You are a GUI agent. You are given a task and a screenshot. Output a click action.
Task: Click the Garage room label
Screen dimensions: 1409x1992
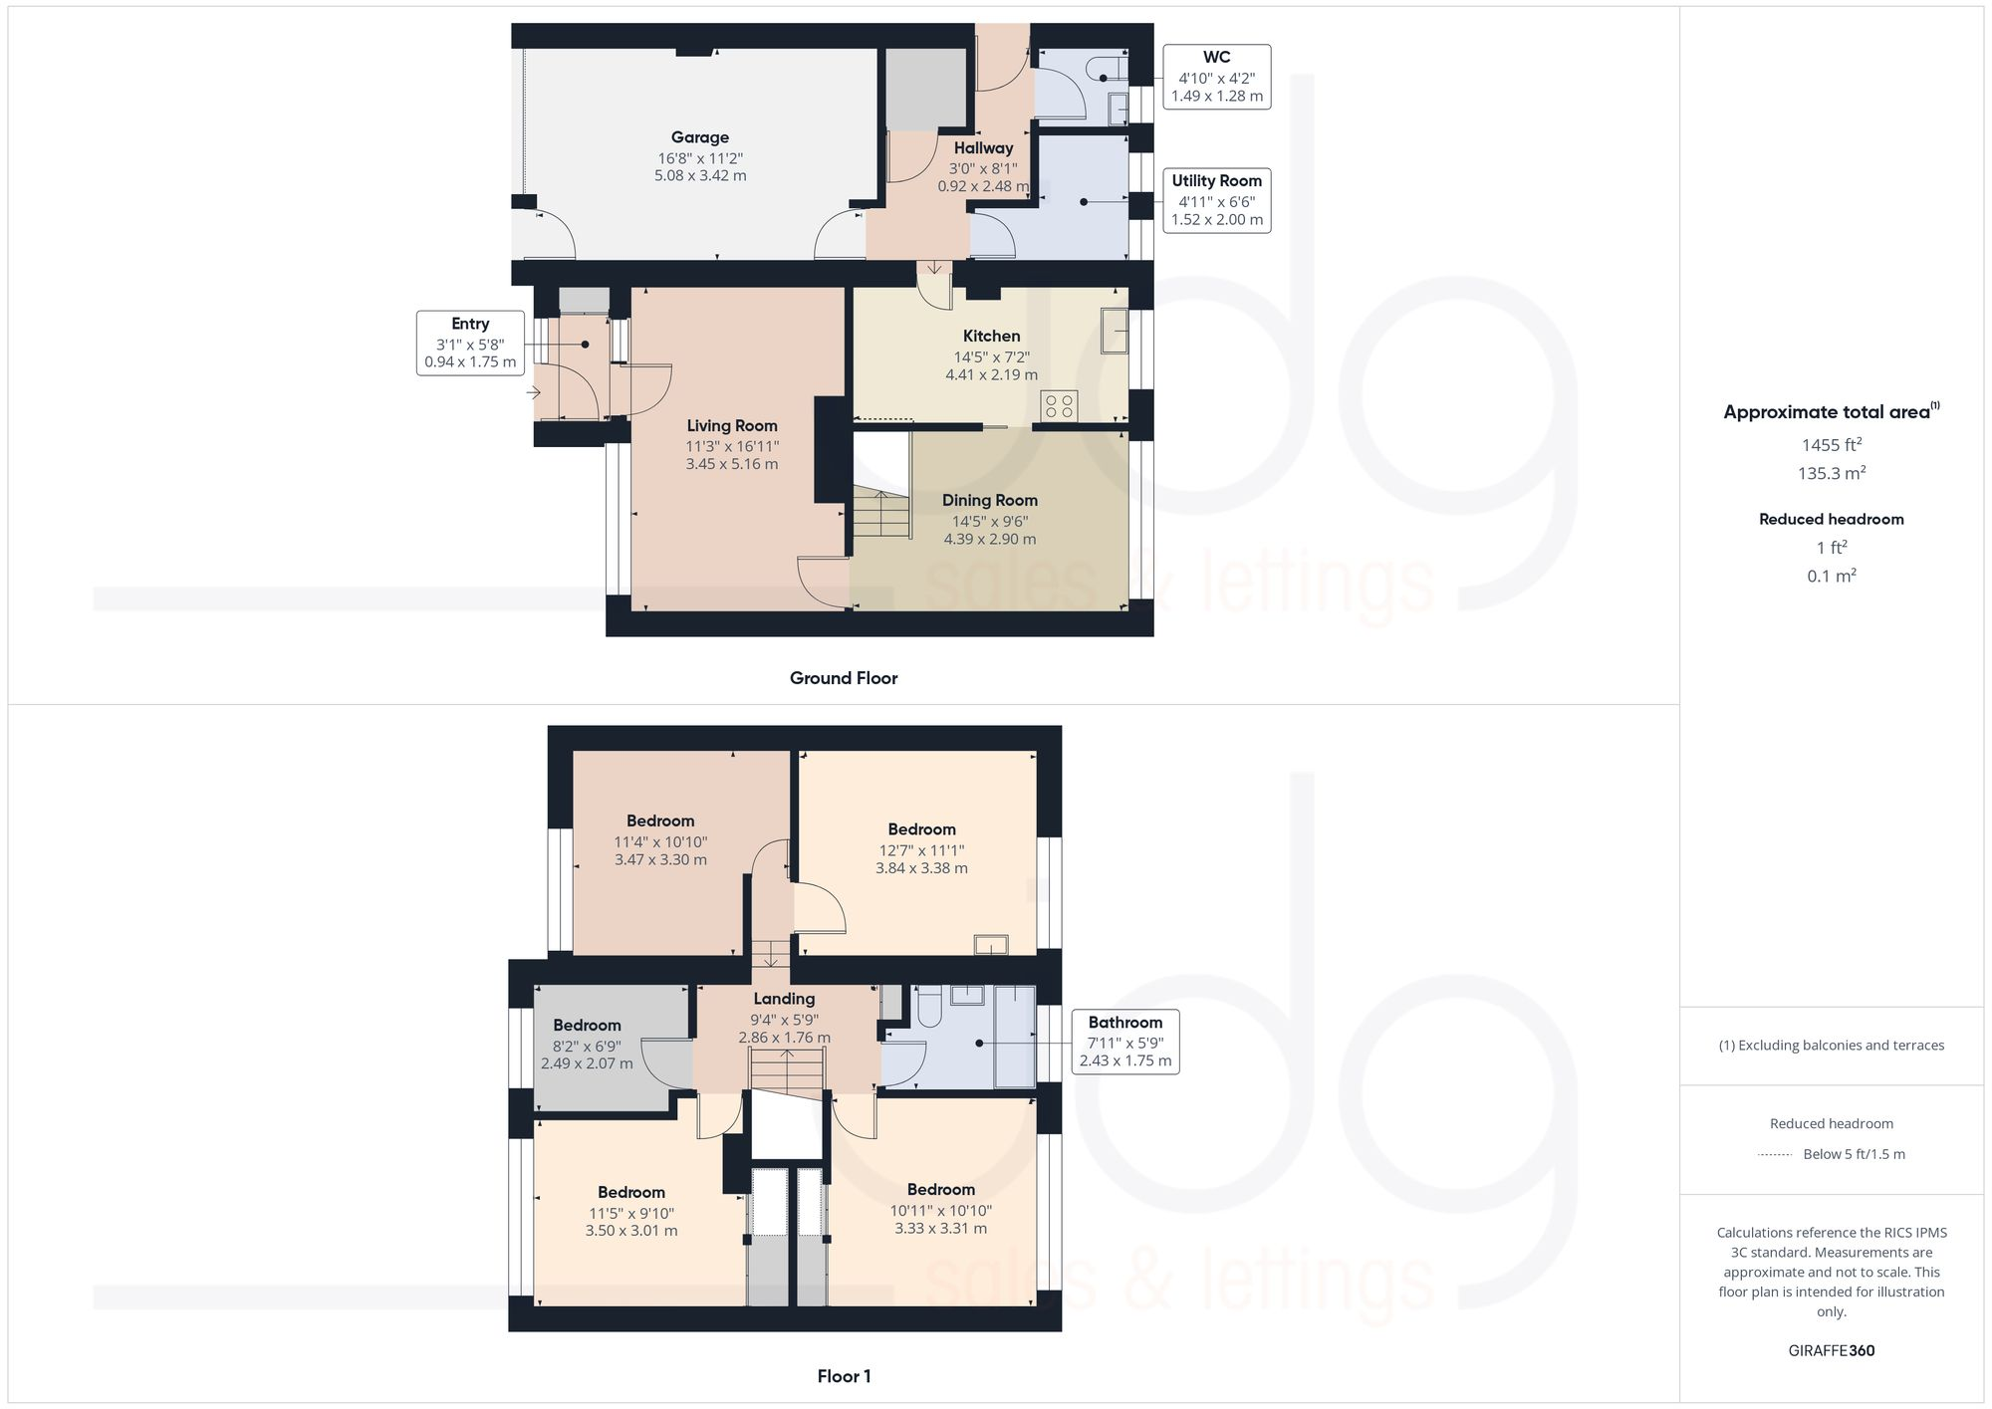pos(699,137)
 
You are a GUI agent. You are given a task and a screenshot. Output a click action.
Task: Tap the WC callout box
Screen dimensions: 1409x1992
pos(1216,77)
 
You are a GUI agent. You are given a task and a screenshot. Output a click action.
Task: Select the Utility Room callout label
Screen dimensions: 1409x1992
pos(1216,181)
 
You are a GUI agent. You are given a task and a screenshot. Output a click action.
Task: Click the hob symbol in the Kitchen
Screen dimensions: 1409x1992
pos(1059,405)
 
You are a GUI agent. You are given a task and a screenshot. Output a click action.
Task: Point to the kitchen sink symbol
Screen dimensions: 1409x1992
pos(1115,331)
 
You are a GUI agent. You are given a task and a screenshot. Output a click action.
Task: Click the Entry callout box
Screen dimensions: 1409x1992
pos(470,343)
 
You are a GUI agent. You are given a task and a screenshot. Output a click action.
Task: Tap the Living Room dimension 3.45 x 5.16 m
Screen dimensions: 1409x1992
pos(732,464)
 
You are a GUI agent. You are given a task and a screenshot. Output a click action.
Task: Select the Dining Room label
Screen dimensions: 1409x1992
pos(990,500)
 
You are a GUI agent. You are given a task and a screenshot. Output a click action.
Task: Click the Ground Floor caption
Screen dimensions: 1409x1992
pos(844,678)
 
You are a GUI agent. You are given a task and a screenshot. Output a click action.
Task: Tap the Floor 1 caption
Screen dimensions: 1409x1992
pos(844,1376)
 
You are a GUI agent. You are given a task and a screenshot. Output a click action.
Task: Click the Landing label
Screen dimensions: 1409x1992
pos(784,999)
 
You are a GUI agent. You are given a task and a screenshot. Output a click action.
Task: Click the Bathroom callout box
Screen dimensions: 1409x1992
pos(1124,1042)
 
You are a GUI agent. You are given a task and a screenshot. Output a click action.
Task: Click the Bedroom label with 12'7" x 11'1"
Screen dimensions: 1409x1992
pos(921,829)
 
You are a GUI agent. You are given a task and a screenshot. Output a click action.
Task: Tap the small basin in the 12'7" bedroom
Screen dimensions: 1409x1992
pos(990,944)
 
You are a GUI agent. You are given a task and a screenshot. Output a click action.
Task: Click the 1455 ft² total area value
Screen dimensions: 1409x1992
pos(1831,445)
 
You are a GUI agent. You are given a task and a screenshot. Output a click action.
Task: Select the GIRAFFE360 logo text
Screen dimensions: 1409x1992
pos(1831,1351)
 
